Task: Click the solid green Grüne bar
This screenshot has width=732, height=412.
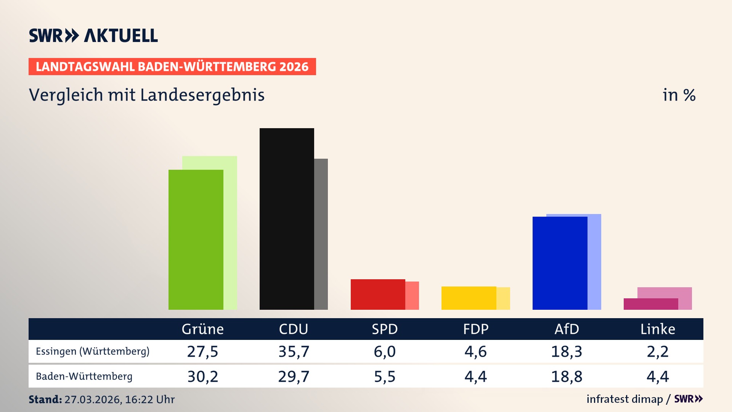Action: click(196, 240)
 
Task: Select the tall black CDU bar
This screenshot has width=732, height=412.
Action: click(287, 219)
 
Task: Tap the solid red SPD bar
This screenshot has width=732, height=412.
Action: click(377, 294)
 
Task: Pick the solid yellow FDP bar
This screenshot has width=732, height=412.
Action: click(469, 298)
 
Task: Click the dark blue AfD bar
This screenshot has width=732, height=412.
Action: click(560, 263)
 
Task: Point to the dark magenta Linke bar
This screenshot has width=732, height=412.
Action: click(650, 304)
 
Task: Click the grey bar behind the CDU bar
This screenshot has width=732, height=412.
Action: click(321, 234)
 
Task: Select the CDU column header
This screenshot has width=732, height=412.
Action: click(293, 329)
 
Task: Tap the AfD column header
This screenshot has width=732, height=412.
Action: click(567, 329)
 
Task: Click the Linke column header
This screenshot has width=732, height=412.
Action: click(657, 329)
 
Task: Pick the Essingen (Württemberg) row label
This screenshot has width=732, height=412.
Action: click(93, 351)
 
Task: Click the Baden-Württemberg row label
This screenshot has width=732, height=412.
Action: click(84, 377)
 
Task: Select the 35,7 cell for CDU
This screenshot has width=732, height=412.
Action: click(294, 351)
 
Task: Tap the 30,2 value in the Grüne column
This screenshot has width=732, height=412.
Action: click(202, 377)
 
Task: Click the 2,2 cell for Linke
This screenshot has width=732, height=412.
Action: click(657, 351)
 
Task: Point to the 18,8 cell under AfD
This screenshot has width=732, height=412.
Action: click(567, 377)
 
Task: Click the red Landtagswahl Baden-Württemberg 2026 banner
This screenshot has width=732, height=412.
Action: click(172, 67)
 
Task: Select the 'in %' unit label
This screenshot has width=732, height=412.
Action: click(679, 95)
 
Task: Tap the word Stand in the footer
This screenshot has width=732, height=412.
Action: click(45, 399)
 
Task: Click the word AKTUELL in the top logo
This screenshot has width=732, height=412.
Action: click(121, 35)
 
